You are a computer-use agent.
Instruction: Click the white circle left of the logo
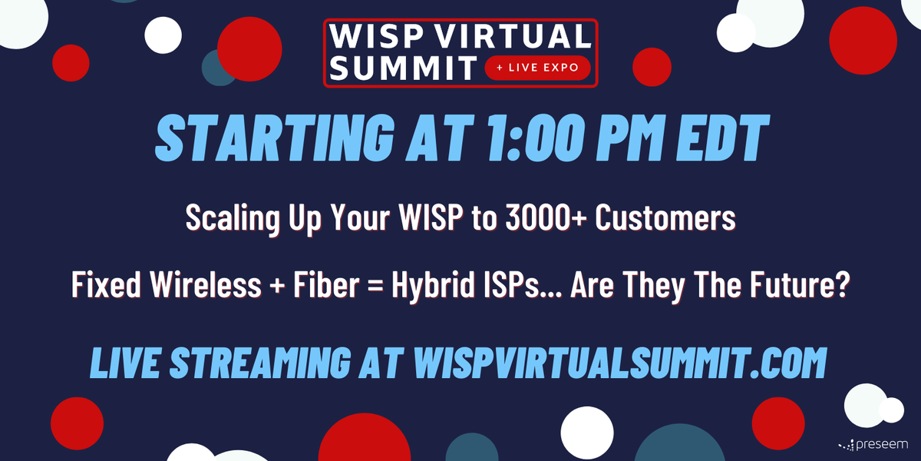pyautogui.click(x=163, y=35)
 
